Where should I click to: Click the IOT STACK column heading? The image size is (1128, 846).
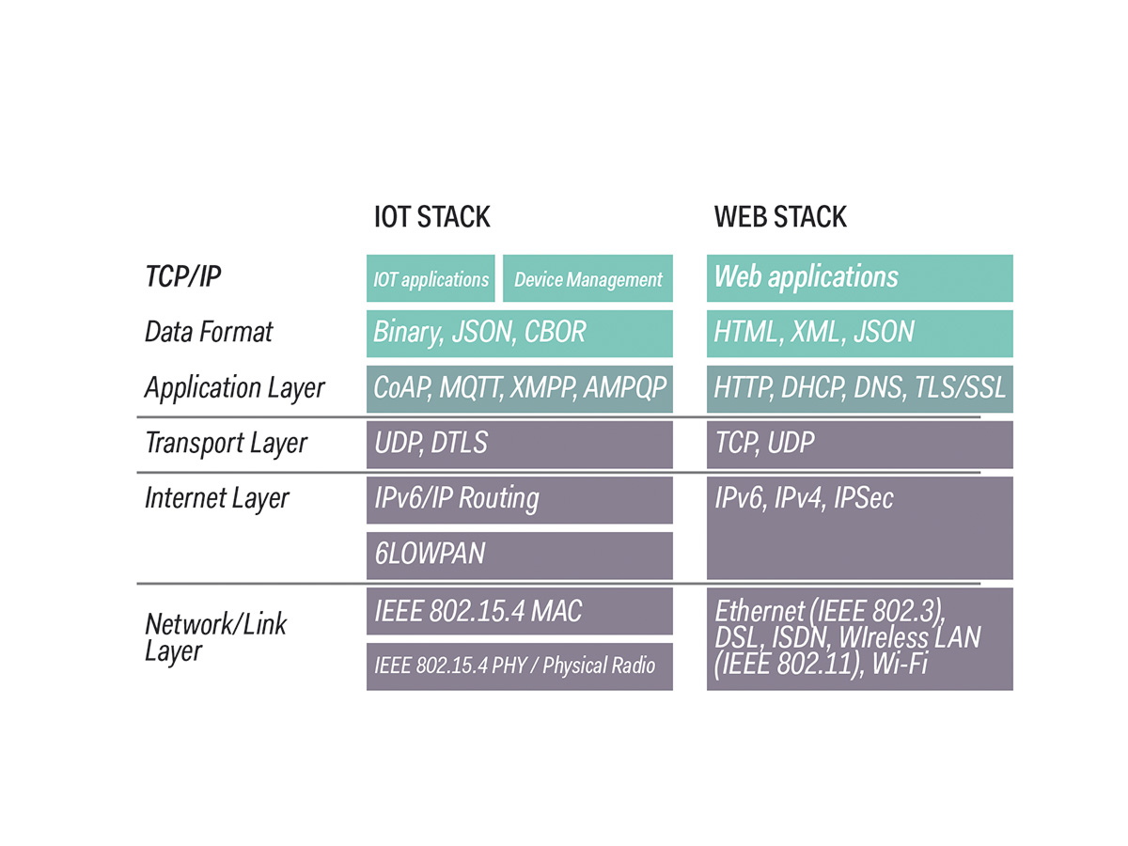(x=431, y=217)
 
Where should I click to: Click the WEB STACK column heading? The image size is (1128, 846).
(x=780, y=217)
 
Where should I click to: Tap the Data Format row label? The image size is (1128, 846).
(x=209, y=332)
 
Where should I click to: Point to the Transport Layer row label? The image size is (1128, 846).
(x=226, y=444)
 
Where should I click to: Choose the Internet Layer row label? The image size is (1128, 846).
(x=216, y=498)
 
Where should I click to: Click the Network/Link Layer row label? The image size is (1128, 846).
(x=215, y=636)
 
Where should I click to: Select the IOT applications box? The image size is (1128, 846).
(x=431, y=279)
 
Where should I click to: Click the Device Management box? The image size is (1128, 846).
(x=587, y=279)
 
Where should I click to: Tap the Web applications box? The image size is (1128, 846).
(x=859, y=277)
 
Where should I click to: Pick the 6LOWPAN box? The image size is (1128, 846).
(x=519, y=555)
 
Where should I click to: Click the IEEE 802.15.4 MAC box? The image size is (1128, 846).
(x=519, y=611)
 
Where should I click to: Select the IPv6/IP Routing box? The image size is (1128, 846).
(x=519, y=499)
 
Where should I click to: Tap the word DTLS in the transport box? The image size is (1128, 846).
(x=460, y=444)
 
